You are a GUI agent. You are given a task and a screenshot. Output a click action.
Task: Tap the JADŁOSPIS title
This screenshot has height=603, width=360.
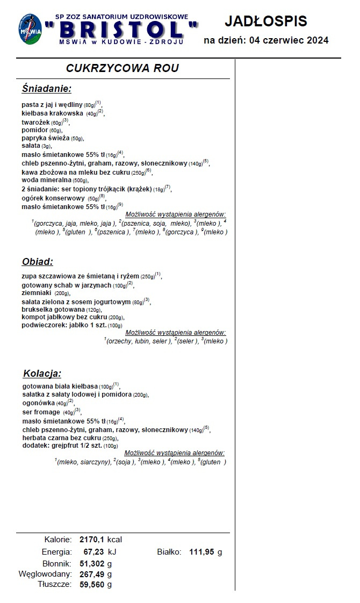pos(265,21)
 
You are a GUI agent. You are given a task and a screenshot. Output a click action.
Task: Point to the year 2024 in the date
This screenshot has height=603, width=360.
pos(314,40)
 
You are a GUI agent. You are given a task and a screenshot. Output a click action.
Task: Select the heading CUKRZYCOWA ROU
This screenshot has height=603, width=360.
pos(122,68)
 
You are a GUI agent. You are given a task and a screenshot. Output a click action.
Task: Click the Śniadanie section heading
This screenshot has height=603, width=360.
pos(47,89)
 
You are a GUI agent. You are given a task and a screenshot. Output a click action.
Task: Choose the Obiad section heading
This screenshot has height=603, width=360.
pos(38,262)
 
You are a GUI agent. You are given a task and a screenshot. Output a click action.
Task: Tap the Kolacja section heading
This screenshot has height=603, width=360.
pos(42,373)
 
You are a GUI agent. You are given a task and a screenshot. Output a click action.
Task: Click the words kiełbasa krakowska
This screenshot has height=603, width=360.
pos(52,113)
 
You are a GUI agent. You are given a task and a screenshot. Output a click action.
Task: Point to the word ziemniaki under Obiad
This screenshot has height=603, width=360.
pos(37,293)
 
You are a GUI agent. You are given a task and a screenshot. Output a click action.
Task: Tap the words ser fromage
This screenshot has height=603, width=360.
pos(41,412)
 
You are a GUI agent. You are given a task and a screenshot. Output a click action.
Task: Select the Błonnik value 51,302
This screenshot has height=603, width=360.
pos(92,563)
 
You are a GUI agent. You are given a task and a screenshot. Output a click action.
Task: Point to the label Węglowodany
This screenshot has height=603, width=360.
pos(45,574)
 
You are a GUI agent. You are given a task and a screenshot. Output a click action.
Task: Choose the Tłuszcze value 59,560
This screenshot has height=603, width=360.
pos(92,585)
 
